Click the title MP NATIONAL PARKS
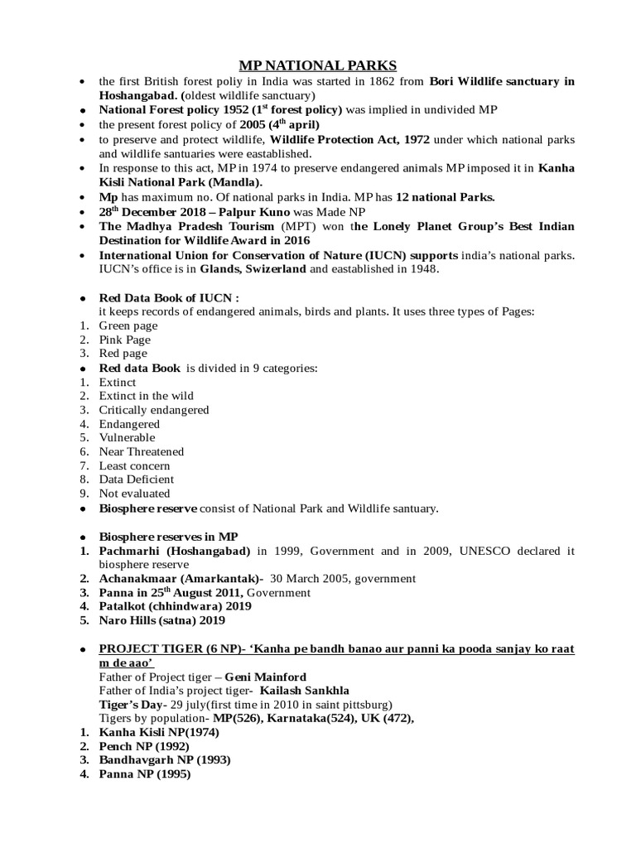(x=317, y=65)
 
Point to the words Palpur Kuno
(x=210, y=211)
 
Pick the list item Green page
(x=128, y=325)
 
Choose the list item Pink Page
(x=125, y=340)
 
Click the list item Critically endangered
(x=154, y=410)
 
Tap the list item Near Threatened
(x=142, y=451)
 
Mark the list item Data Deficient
(x=137, y=479)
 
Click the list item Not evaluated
(x=134, y=494)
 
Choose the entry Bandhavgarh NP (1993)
(x=165, y=760)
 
